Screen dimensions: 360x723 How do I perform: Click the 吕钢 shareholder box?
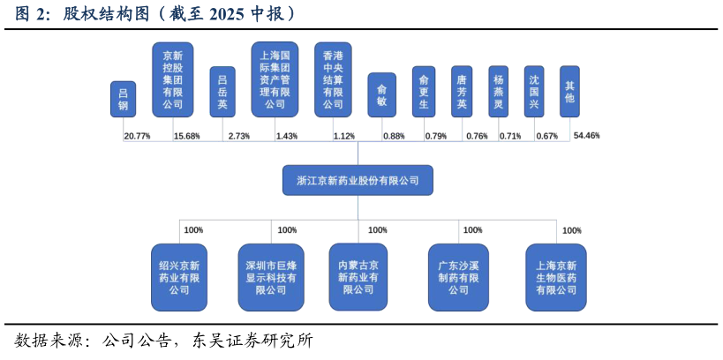(123, 99)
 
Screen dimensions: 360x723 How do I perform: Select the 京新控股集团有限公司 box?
(173, 79)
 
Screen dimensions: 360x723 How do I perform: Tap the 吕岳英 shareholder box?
(222, 92)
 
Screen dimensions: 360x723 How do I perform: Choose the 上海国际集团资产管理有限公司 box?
(275, 79)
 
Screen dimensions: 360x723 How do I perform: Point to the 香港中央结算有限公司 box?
(333, 79)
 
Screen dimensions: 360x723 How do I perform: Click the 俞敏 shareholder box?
(381, 94)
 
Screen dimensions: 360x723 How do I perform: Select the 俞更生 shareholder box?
(424, 92)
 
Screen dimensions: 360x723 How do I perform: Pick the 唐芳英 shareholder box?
(462, 92)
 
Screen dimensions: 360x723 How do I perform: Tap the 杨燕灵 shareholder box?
(499, 92)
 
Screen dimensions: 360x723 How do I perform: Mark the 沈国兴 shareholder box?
(534, 92)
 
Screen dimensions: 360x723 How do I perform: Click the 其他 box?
(569, 92)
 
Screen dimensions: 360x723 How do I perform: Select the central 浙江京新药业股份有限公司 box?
(358, 180)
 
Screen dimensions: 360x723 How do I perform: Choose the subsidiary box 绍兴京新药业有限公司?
(179, 277)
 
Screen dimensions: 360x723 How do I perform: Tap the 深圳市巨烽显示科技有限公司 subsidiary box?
(271, 277)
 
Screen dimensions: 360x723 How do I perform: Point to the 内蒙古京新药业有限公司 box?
(358, 277)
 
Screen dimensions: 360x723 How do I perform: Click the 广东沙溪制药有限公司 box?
(458, 277)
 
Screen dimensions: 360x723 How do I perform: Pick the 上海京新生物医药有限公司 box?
(556, 277)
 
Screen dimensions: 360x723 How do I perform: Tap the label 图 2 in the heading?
(31, 15)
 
